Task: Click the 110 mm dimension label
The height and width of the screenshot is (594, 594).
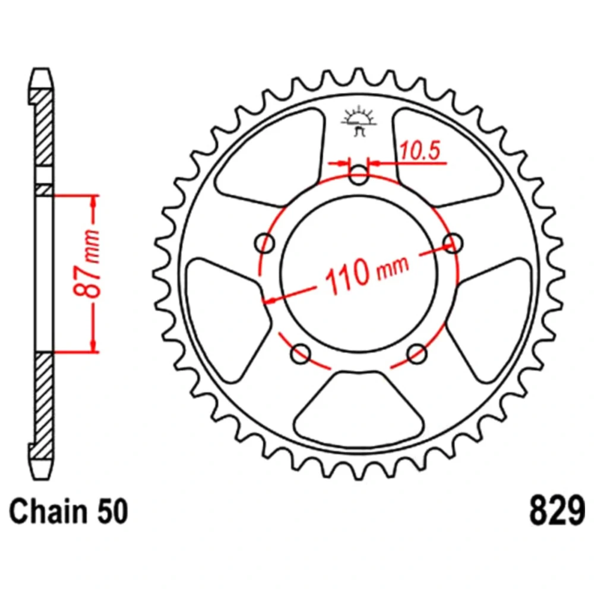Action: point(366,270)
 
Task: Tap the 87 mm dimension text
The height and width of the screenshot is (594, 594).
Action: point(87,262)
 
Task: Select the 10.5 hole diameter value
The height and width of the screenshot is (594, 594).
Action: point(420,150)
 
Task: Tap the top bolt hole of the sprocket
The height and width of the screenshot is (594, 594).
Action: point(358,175)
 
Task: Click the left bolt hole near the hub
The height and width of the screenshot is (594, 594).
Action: point(265,243)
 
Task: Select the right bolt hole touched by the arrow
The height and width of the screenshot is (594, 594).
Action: point(453,243)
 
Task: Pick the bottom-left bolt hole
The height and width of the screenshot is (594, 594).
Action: point(301,354)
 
